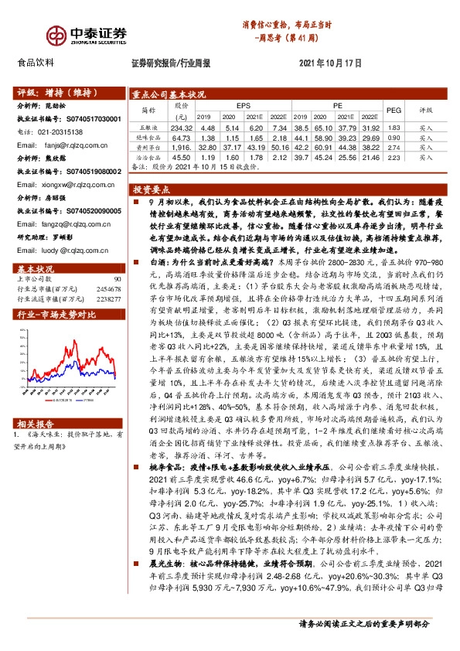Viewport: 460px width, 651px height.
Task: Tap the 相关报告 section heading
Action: (34, 424)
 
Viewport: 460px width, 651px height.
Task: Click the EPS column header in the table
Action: (244, 104)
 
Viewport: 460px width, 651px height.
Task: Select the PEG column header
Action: (394, 111)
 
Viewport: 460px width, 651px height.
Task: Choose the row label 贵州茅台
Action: (146, 145)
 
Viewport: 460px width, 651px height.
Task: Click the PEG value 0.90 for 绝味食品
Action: (394, 137)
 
